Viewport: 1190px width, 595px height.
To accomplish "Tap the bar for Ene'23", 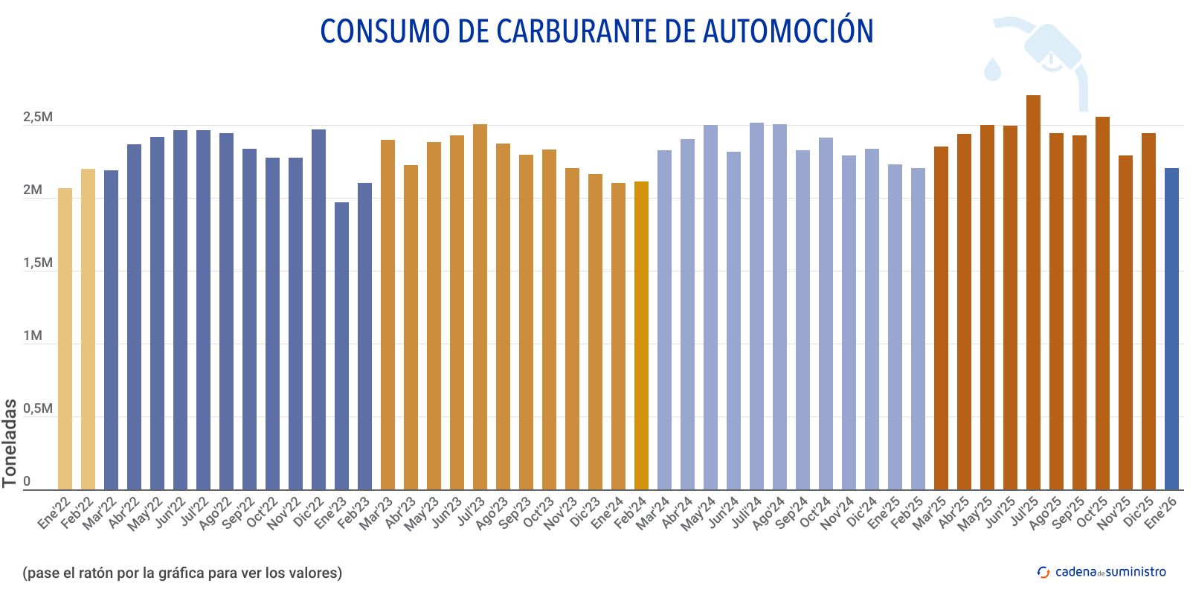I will point(341,345).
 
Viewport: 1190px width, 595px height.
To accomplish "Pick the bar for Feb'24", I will point(641,335).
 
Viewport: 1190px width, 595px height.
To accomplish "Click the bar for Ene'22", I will point(65,338).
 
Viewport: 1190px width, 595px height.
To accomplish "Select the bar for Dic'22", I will point(318,309).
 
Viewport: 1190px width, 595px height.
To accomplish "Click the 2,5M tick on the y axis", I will point(37,118).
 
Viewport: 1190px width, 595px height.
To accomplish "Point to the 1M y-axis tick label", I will point(33,336).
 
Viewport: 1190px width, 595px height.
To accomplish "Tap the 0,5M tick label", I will point(37,409).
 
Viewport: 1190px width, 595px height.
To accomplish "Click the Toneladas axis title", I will point(10,443).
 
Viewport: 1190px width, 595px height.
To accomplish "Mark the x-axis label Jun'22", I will point(170,512).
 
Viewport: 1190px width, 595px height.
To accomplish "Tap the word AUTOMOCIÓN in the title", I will point(788,31).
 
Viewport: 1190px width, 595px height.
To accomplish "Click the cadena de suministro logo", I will point(1101,572).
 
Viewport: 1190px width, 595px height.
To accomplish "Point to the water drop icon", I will point(992,68).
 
